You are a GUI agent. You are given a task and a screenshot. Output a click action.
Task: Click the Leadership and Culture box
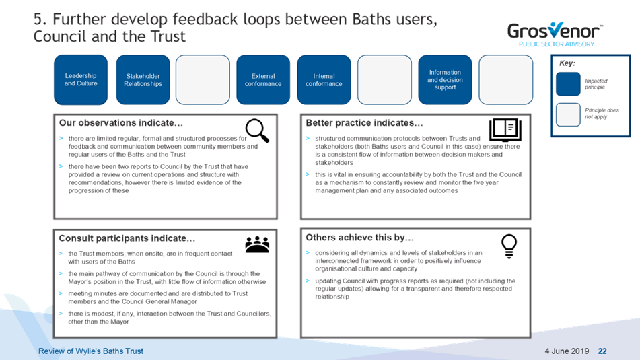[81, 79]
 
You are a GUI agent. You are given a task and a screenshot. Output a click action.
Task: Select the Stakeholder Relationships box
[143, 79]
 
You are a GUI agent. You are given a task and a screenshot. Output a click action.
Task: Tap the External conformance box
[263, 79]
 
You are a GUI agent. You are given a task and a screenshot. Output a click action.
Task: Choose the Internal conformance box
[324, 79]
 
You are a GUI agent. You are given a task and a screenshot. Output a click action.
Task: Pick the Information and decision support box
[445, 79]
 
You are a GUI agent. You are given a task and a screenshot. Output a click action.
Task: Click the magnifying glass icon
[257, 131]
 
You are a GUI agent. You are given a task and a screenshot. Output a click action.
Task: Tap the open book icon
[505, 130]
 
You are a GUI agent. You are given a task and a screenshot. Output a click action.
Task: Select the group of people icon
[257, 244]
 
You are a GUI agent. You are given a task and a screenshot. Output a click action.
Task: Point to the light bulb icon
[509, 246]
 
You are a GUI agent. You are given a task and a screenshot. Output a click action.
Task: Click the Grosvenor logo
[555, 34]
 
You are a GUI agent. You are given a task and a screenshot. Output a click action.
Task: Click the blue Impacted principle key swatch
[568, 84]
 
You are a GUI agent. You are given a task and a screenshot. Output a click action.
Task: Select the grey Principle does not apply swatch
[568, 114]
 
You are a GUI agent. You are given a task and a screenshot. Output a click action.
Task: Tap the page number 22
[602, 351]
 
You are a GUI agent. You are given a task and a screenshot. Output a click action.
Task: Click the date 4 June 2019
[567, 351]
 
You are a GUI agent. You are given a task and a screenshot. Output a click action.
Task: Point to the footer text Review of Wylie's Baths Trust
[91, 351]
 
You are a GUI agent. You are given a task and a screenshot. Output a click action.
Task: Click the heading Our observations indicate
[121, 123]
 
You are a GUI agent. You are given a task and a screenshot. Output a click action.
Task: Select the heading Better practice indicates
[364, 123]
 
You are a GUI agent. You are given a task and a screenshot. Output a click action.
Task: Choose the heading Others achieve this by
[359, 238]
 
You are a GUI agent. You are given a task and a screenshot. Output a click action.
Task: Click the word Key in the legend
[567, 63]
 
